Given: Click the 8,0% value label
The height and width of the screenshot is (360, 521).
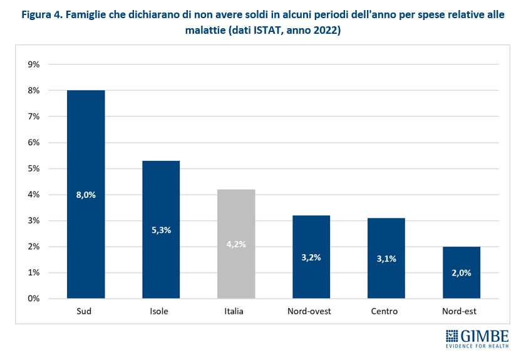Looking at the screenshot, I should pos(86,195).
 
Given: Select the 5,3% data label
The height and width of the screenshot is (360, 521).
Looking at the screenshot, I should pos(161,230).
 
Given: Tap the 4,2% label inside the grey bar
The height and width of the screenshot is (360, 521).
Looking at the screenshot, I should pos(236,244).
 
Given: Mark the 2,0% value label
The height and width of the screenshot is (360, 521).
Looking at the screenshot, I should pos(462,273).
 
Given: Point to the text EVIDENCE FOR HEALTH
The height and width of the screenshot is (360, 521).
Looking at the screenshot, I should pos(477,346).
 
